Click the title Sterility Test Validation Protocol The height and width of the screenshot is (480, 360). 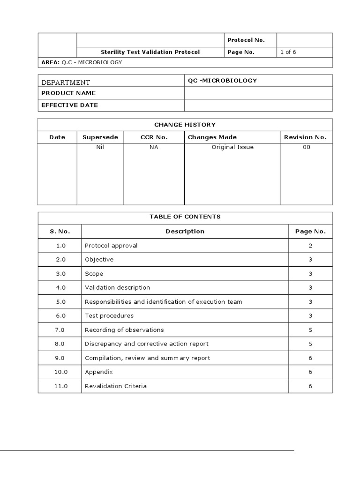[x=150, y=52]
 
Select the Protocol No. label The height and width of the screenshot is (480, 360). [x=246, y=40]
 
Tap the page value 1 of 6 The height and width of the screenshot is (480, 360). [x=288, y=52]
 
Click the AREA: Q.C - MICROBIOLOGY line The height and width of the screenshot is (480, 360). [x=82, y=62]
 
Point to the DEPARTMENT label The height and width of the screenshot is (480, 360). [x=66, y=82]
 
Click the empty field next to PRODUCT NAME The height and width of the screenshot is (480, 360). [x=258, y=93]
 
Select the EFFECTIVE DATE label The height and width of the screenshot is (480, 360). [x=69, y=105]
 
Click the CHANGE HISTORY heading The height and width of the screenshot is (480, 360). [x=185, y=125]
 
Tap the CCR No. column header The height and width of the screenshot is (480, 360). [x=154, y=137]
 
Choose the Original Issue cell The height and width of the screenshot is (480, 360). [x=232, y=147]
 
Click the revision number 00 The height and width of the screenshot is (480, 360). [x=306, y=147]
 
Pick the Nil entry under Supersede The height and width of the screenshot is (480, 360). [x=100, y=147]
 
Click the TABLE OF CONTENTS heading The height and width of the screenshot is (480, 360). [x=185, y=217]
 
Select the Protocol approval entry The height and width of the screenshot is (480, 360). [x=111, y=246]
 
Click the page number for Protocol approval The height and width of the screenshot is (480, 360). [x=310, y=246]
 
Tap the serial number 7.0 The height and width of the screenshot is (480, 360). [x=60, y=330]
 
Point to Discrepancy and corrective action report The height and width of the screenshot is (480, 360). [x=146, y=344]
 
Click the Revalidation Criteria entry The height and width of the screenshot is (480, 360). [x=115, y=386]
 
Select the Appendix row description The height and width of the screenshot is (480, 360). [x=98, y=372]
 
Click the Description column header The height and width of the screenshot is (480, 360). [x=185, y=231]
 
